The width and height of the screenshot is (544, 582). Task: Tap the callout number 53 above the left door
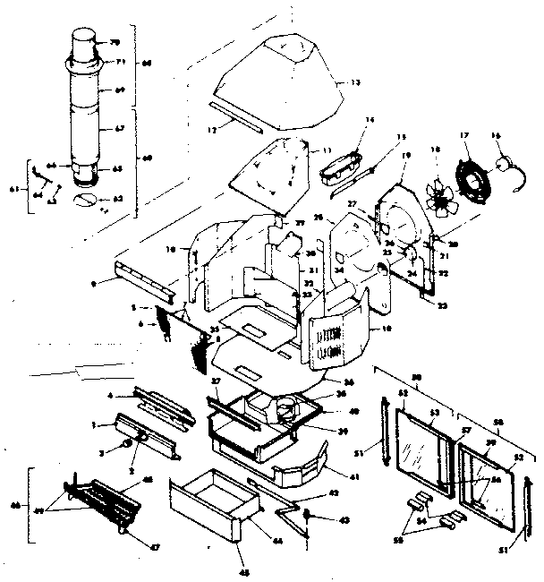(435, 413)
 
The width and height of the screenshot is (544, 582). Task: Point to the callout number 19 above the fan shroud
(405, 156)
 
